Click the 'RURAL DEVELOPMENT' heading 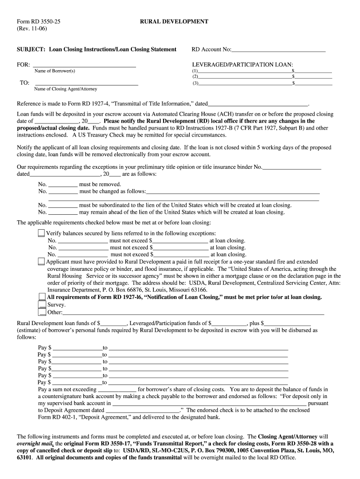tap(174, 22)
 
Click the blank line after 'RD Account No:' tap(278, 50)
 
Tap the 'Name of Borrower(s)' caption tap(55, 71)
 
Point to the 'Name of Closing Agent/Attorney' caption tap(66, 89)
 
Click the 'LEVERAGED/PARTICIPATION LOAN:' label tap(243, 64)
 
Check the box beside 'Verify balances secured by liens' tap(42, 233)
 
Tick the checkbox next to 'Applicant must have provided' tap(42, 261)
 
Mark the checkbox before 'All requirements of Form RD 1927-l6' tap(42, 297)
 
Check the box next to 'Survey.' tap(42, 305)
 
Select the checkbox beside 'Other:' tap(42, 312)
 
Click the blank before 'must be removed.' tap(63, 184)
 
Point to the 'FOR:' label tap(23, 65)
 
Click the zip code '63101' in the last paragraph tap(24, 457)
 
